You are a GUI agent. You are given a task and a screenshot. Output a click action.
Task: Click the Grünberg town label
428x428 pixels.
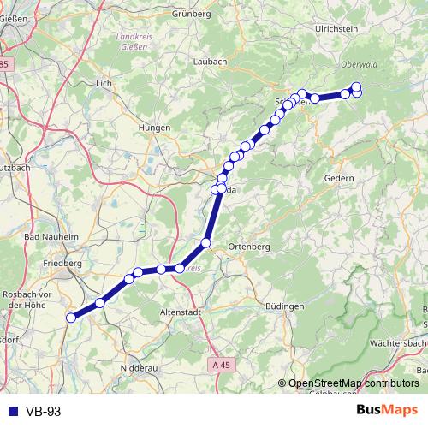pyautogui.click(x=192, y=14)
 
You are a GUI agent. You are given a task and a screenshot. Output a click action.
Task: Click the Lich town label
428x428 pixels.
pyautogui.click(x=104, y=83)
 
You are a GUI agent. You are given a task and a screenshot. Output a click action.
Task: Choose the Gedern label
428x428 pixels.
pyautogui.click(x=340, y=177)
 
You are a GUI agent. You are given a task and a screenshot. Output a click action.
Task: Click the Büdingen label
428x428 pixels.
pyautogui.click(x=285, y=306)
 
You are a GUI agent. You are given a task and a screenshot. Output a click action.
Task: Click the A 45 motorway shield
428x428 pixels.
pyautogui.click(x=220, y=365)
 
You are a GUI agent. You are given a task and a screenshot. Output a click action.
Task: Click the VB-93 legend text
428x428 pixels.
pyautogui.click(x=44, y=412)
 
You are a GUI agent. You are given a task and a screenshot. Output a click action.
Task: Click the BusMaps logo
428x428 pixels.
pyautogui.click(x=386, y=410)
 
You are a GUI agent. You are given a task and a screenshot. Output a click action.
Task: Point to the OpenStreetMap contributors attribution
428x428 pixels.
pyautogui.click(x=352, y=384)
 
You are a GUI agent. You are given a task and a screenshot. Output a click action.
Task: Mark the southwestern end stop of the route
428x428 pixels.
pyautogui.click(x=71, y=317)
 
